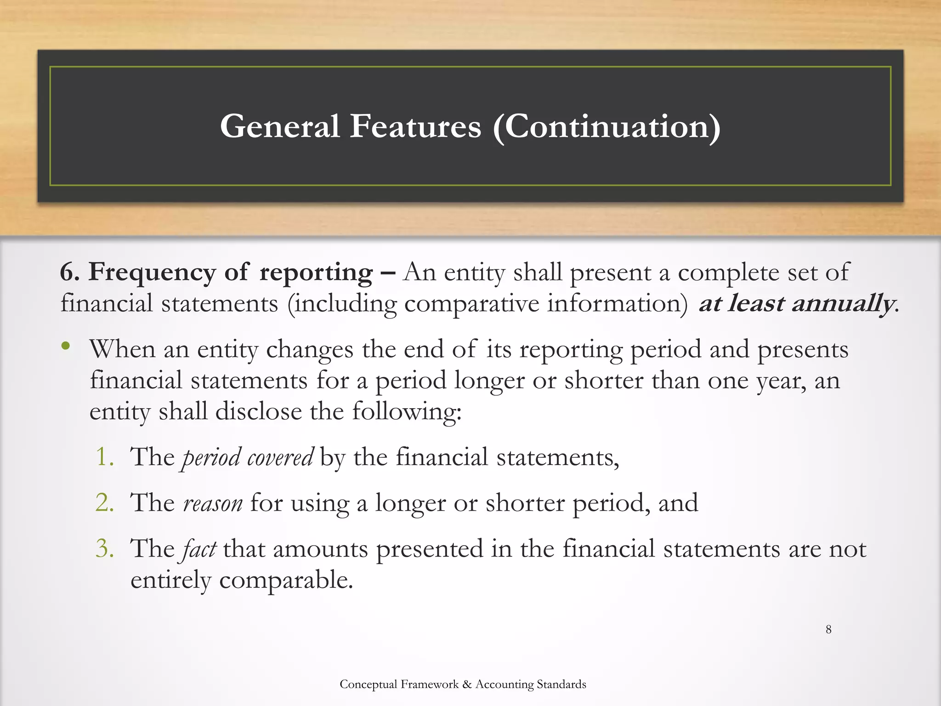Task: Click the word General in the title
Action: point(279,126)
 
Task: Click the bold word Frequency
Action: point(152,272)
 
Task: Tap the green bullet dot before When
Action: point(66,346)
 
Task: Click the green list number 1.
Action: point(105,457)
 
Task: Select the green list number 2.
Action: point(105,502)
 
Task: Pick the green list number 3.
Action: point(105,548)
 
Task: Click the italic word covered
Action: point(280,457)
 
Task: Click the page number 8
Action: point(828,630)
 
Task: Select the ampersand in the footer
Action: point(467,684)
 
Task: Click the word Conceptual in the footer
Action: point(368,684)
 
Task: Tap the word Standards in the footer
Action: point(561,684)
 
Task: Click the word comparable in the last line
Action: point(285,580)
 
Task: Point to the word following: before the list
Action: point(406,411)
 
